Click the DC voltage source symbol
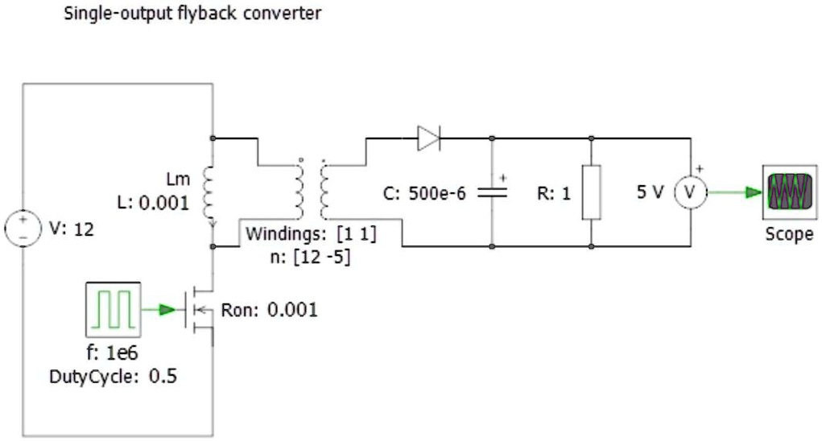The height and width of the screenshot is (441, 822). [x=23, y=228]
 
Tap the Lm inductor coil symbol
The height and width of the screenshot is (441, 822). [x=211, y=193]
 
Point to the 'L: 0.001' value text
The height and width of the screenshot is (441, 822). [x=153, y=203]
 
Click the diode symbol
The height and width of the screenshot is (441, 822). [x=428, y=139]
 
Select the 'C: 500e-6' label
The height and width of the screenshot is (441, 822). [x=423, y=193]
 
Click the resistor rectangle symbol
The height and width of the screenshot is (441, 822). [x=592, y=192]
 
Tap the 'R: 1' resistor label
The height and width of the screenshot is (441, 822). [x=553, y=193]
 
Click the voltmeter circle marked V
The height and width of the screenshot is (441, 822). [x=690, y=192]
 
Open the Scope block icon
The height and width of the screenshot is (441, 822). [x=787, y=192]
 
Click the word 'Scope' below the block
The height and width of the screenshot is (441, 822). [x=788, y=235]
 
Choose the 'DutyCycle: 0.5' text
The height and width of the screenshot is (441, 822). [x=114, y=376]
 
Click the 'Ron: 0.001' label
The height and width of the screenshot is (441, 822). [x=270, y=309]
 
